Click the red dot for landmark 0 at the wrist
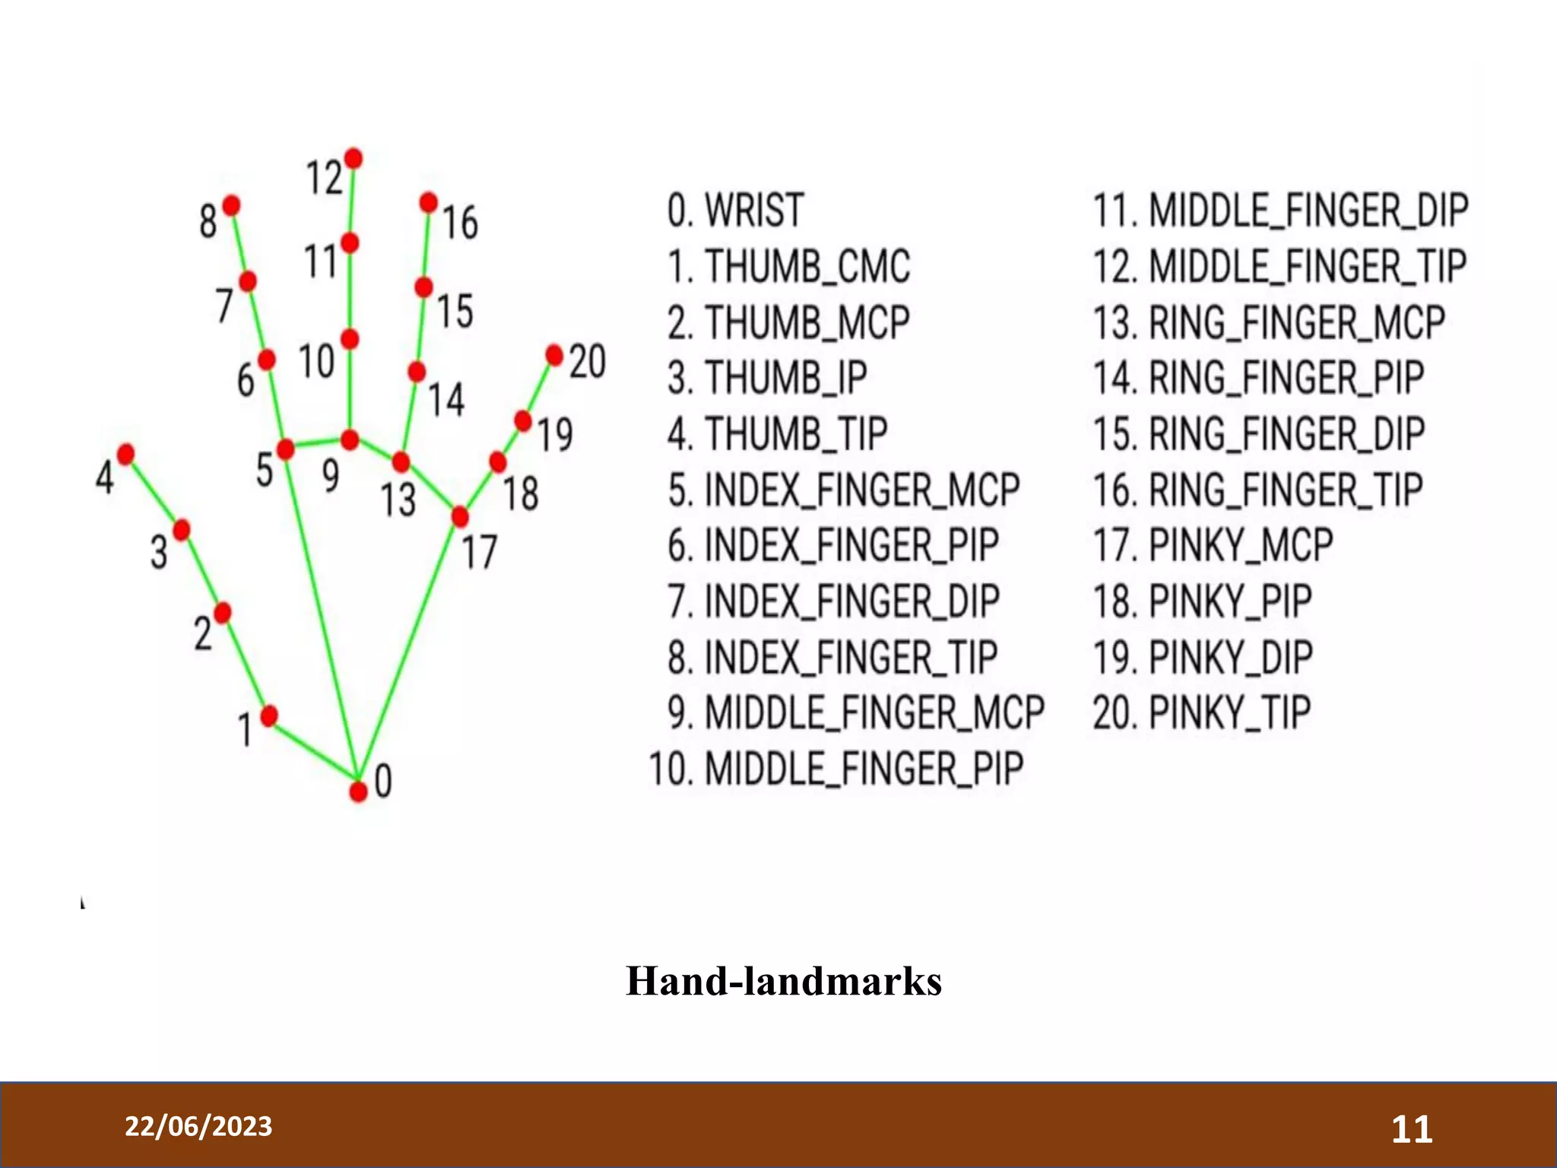coord(358,792)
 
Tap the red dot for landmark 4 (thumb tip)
coord(126,454)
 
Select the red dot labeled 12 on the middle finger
coord(353,158)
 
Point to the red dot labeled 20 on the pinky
coord(555,354)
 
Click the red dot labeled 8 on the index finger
coord(231,205)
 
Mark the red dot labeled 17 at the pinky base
coord(460,517)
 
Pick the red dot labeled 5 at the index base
coord(286,449)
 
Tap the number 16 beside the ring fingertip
coord(460,223)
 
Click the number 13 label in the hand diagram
coord(398,500)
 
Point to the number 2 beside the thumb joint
coord(202,633)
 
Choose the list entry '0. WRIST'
coord(735,211)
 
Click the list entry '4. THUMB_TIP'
coord(777,433)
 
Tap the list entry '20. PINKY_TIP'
coord(1201,713)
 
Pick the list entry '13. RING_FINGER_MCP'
coord(1268,322)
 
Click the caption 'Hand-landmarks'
coord(784,981)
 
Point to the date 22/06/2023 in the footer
coord(198,1126)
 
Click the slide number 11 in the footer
coord(1412,1129)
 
